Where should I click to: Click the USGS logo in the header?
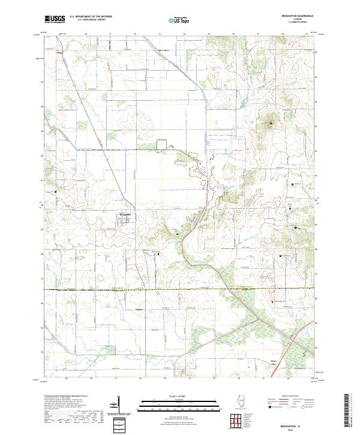[x=55, y=19]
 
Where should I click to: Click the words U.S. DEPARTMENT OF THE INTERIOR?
[x=91, y=17]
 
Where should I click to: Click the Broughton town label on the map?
[x=125, y=213]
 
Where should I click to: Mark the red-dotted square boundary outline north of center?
[x=161, y=144]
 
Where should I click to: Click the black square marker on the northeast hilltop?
[x=271, y=124]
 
